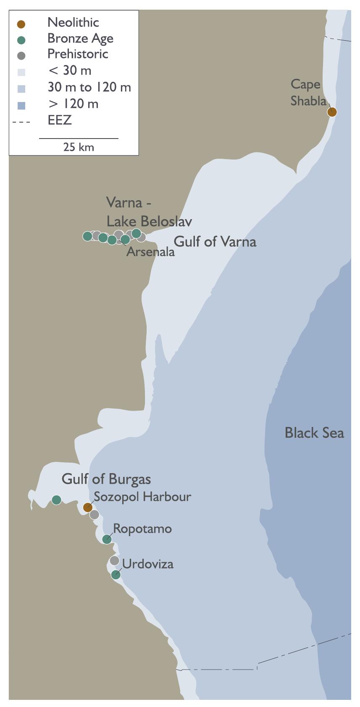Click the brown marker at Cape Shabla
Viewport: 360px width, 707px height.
coord(332,112)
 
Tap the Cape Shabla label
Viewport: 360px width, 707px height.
coord(308,92)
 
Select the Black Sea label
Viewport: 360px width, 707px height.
coord(314,433)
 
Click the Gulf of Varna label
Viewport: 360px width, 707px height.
coord(215,242)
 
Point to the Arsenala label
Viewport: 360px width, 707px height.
coord(150,252)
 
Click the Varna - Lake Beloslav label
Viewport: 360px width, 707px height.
coord(149,212)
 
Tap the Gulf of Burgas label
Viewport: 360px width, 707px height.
coord(106,479)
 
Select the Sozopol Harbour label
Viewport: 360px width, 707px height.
coord(142,497)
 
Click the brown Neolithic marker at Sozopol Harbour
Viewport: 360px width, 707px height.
coord(88,507)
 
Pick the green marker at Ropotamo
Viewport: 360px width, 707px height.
coord(107,539)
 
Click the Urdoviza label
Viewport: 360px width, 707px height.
coord(147,564)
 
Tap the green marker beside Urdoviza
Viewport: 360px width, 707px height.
coord(116,575)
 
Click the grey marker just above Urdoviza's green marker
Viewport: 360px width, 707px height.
coord(114,560)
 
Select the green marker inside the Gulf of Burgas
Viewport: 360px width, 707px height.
coord(56,500)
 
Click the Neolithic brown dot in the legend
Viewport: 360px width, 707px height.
coord(21,24)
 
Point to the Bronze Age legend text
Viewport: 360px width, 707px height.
coord(80,39)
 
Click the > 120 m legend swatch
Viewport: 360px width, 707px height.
coord(21,105)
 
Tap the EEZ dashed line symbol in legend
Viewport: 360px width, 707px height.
coord(21,122)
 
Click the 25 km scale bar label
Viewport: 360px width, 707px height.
coord(79,147)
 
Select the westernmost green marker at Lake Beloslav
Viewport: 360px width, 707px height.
coord(87,236)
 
